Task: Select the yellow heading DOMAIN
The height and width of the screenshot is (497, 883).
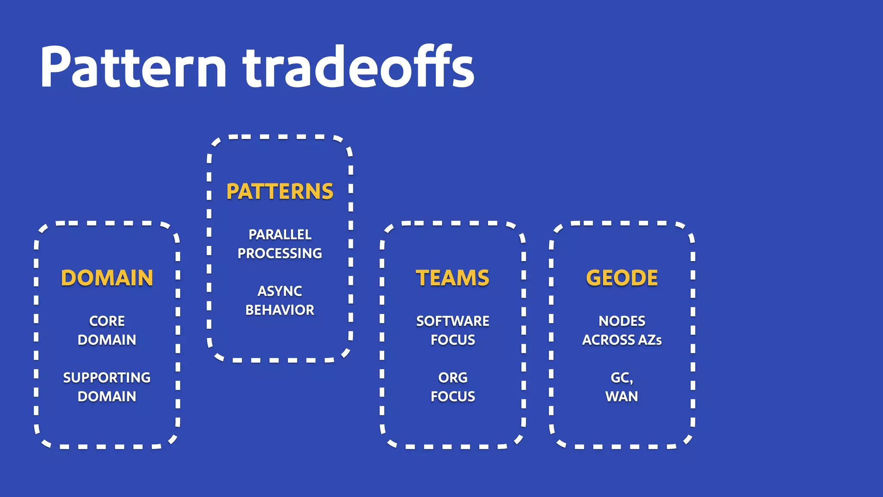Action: [107, 278]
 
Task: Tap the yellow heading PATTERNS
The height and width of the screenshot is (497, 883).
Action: [280, 192]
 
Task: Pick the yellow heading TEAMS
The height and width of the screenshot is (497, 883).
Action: [453, 278]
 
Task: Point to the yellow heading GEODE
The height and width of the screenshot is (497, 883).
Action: [622, 278]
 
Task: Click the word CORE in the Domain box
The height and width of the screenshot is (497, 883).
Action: [107, 321]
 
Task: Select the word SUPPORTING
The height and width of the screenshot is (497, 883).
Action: [107, 377]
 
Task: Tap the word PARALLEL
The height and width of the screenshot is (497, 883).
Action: [280, 235]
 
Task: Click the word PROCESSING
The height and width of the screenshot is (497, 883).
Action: [280, 253]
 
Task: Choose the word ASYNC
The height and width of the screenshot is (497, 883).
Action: [280, 291]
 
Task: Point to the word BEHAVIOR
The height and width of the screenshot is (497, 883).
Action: [280, 310]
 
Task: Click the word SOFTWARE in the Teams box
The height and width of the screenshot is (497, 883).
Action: [453, 321]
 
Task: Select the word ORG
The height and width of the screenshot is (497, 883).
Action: [453, 377]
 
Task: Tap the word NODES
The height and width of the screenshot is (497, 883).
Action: [622, 321]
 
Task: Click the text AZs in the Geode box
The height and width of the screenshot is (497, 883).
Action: [650, 340]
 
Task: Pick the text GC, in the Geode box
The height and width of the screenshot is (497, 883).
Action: [622, 378]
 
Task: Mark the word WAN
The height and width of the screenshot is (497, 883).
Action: [622, 396]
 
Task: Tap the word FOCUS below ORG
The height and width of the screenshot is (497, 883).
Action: [453, 396]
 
